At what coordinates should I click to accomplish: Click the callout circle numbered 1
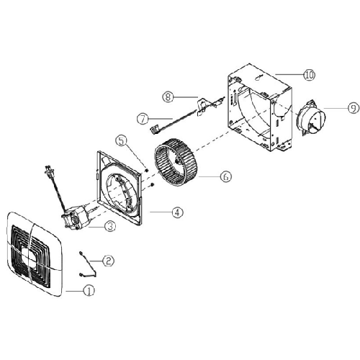pyautogui.click(x=89, y=291)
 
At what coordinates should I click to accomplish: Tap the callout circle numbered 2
pyautogui.click(x=108, y=261)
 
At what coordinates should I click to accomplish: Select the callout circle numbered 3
pyautogui.click(x=110, y=226)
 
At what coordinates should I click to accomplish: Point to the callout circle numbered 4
pyautogui.click(x=177, y=212)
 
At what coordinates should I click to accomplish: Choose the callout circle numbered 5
pyautogui.click(x=122, y=141)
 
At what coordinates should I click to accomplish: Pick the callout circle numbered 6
pyautogui.click(x=225, y=177)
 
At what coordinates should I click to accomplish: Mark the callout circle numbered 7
pyautogui.click(x=143, y=119)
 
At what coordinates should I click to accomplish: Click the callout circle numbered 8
pyautogui.click(x=168, y=97)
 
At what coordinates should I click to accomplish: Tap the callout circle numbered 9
pyautogui.click(x=354, y=108)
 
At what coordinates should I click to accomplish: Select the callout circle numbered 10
pyautogui.click(x=310, y=75)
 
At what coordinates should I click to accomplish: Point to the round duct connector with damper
pyautogui.click(x=311, y=118)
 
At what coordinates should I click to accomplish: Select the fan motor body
pyautogui.click(x=77, y=217)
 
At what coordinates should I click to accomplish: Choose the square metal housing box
pyautogui.click(x=260, y=108)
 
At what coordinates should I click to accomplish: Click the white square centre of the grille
pyautogui.click(x=30, y=257)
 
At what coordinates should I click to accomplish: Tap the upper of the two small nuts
pyautogui.click(x=147, y=171)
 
